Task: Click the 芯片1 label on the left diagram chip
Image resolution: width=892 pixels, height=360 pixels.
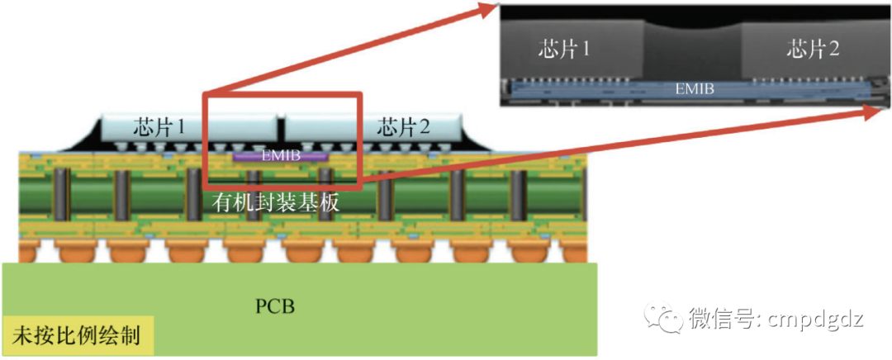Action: [159, 126]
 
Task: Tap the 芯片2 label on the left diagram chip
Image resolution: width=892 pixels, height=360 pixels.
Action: [403, 128]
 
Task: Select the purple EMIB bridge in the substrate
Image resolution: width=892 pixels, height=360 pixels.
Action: [280, 155]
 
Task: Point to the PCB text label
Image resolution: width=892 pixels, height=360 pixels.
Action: [275, 306]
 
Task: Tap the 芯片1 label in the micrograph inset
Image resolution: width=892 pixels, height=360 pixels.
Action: [564, 50]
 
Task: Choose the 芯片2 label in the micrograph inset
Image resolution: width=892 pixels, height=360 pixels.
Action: [813, 50]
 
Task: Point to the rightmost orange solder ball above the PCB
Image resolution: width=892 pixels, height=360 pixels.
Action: [575, 251]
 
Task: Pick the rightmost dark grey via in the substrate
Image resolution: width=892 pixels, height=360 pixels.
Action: [518, 195]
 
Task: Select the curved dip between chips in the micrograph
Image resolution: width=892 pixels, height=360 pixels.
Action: [693, 27]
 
